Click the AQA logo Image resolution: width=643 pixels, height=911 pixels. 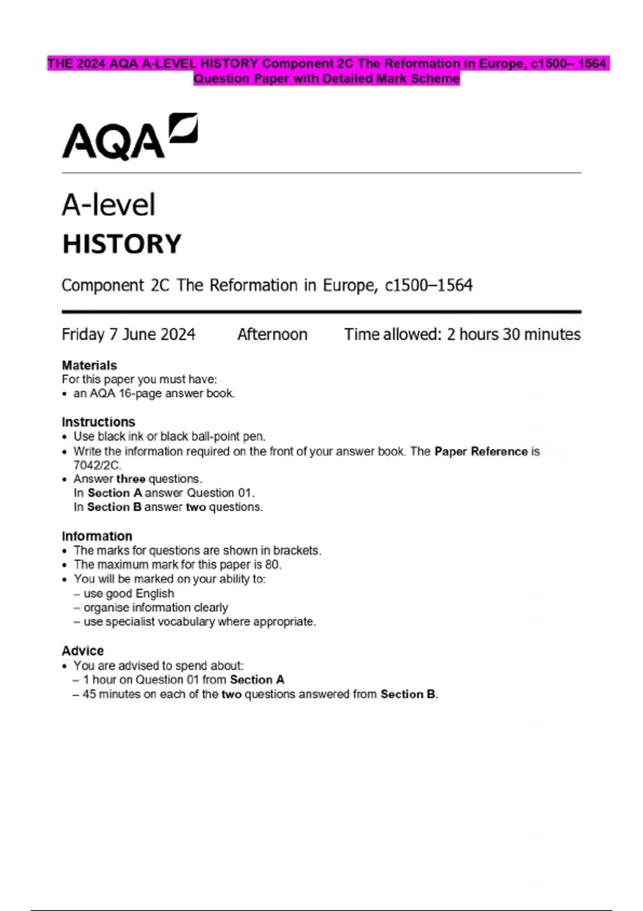point(130,137)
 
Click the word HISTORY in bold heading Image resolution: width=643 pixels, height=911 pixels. point(122,244)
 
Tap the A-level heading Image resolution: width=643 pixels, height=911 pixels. point(108,205)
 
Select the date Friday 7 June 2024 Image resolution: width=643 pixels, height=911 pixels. point(128,334)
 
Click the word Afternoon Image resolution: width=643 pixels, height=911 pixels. point(272,334)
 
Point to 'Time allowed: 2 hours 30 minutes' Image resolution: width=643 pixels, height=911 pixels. point(462,334)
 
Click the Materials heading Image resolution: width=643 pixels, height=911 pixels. point(89,365)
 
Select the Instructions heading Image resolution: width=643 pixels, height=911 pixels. point(98,422)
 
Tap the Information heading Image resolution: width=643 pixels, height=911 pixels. point(96,536)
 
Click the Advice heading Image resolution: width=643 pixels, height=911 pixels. point(83,651)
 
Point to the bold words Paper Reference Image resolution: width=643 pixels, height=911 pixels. point(481,451)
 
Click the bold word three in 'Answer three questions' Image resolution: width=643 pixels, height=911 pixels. point(130,479)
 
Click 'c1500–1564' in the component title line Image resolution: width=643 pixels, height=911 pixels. point(429,286)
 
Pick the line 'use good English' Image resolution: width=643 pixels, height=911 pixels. point(129,593)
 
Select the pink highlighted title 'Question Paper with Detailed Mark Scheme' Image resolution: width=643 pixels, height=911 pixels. point(326,79)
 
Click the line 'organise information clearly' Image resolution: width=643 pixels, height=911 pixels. point(155,608)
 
